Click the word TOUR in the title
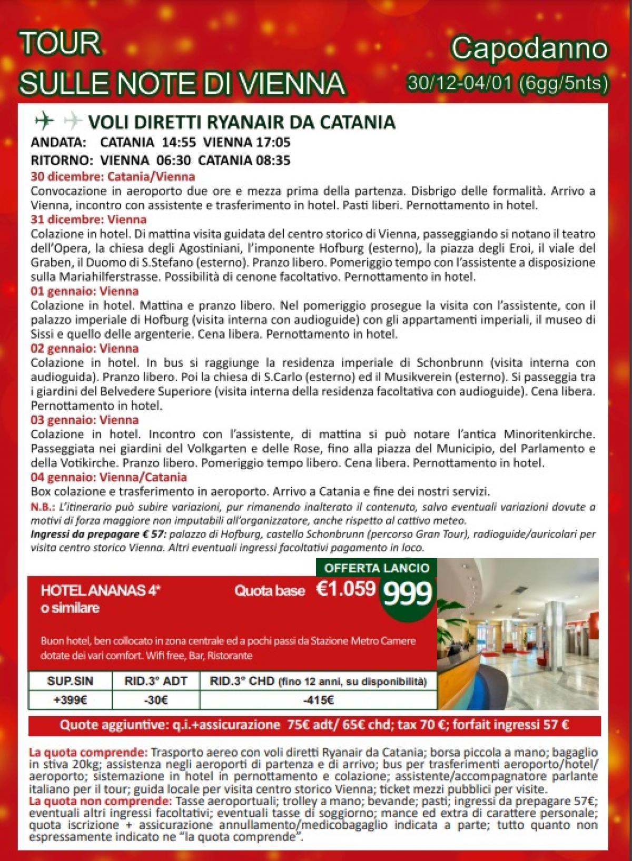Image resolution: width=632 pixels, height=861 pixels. coord(60,44)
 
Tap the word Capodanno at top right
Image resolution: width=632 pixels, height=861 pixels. coord(529,49)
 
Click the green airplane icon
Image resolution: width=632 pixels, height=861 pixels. coord(44,122)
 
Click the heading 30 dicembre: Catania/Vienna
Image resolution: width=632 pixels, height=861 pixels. coord(113,176)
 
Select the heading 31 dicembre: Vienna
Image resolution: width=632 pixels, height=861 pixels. coord(88,219)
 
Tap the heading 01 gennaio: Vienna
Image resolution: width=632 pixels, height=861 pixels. coord(84,291)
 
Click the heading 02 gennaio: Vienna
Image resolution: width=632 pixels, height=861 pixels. coord(84,348)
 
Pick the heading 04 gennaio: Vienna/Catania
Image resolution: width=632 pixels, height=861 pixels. coord(108,477)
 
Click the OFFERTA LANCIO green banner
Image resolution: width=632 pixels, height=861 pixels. coord(377,568)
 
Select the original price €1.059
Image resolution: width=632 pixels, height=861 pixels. coord(345,589)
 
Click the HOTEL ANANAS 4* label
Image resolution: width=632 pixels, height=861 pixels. coord(101,591)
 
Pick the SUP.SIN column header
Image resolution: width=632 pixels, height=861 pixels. coord(70,681)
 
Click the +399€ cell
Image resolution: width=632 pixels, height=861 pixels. coord(70,700)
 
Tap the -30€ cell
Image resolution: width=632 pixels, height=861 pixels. coord(156,700)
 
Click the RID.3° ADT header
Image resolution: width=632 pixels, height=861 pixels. coord(156,681)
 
